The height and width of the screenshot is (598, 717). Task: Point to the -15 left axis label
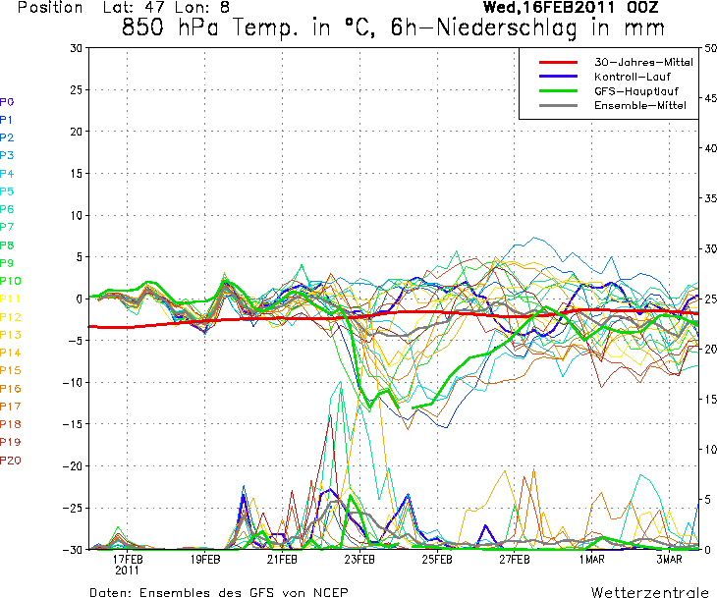point(73,424)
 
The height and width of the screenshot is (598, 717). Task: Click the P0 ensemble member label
point(7,102)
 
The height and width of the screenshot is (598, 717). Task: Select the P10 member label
point(10,281)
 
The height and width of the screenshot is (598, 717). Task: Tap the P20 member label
point(10,461)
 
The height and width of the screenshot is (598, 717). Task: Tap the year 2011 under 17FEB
point(128,570)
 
